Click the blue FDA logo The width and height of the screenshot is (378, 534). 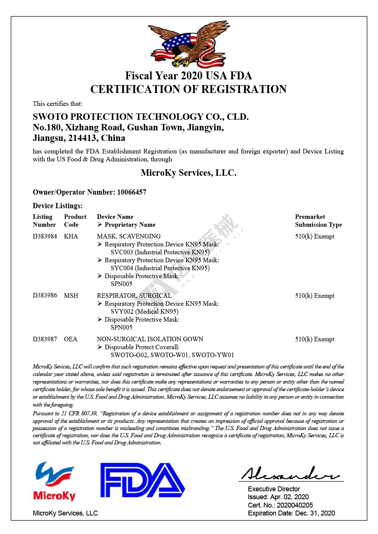pos(142,480)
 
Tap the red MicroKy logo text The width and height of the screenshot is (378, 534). pos(54,495)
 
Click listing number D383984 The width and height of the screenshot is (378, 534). pos(45,236)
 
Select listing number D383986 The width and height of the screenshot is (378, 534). pos(45,296)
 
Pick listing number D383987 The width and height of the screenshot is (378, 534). pos(45,339)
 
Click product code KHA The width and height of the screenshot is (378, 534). pos(71,236)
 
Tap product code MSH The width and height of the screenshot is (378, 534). pos(71,296)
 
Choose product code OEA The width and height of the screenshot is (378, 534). pos(70,339)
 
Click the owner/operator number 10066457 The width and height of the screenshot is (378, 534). pos(132,192)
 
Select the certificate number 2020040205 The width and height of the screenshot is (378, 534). pos(295,505)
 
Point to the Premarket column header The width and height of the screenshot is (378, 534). pos(310,217)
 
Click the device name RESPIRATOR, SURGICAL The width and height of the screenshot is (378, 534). pos(134,296)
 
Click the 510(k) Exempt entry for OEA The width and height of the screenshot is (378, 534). pos(314,339)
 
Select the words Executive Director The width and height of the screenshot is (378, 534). pos(274,489)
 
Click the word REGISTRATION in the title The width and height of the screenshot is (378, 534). pos(244,89)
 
